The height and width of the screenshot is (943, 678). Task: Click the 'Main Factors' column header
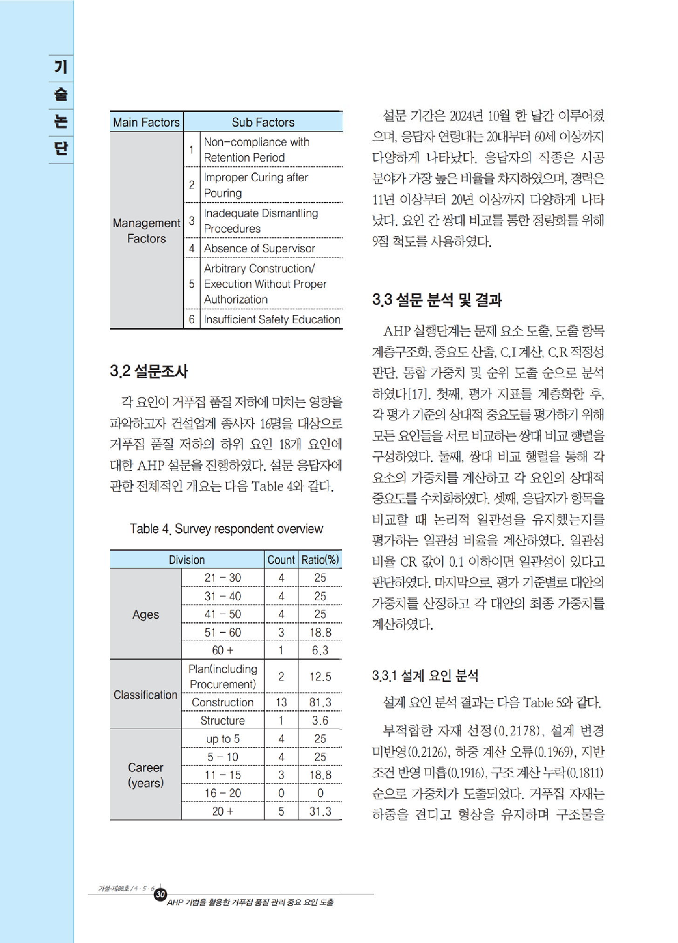146,122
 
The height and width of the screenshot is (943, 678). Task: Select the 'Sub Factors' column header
263,122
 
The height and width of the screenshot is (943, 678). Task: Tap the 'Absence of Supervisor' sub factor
259,248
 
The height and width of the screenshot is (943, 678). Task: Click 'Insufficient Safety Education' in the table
272,319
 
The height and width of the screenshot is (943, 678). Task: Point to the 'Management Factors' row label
146,231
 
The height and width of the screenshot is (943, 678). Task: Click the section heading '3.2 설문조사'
149,371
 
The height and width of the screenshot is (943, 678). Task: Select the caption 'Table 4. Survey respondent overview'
226,529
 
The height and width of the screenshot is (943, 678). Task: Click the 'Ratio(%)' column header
320,559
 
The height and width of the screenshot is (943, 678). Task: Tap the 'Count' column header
281,559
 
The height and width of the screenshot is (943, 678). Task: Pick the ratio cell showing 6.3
320,650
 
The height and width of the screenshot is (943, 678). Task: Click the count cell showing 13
281,702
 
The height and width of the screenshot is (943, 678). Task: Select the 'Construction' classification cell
223,702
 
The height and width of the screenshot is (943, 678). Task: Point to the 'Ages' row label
145,615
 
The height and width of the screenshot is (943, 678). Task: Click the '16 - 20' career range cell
223,793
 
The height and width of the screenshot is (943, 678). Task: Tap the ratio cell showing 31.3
320,811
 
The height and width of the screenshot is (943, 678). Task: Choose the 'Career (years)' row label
145,775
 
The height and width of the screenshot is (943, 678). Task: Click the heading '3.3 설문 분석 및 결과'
437,300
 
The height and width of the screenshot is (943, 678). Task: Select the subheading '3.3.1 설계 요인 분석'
425,675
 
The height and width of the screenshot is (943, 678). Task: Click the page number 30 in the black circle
161,894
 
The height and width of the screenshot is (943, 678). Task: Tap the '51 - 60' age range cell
223,632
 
